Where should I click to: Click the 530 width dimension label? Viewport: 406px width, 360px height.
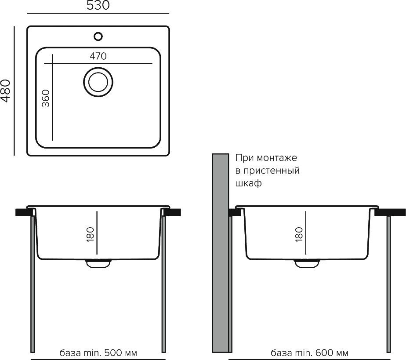pos(98,5)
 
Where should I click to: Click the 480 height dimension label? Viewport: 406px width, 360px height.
pos(6,91)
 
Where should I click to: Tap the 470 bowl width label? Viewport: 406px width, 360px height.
pos(98,56)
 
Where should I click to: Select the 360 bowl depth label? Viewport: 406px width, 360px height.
pos(46,98)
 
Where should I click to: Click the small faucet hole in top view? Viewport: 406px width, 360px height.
pos(98,36)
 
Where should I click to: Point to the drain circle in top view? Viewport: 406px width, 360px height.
pos(98,82)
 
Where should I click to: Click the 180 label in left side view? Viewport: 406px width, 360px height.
pos(91,234)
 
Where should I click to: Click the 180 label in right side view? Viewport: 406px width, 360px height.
pos(299,234)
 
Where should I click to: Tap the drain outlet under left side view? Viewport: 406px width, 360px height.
pos(98,263)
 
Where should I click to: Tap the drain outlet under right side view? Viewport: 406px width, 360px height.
pos(307,263)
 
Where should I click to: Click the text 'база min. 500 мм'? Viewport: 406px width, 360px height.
pos(98,353)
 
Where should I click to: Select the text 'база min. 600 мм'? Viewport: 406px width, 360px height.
pos(309,353)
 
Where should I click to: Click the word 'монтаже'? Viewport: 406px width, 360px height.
pos(277,158)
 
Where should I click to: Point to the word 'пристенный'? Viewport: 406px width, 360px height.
pos(272,171)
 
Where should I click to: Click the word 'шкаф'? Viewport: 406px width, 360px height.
pos(249,183)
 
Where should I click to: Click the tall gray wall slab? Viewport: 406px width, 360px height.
pos(221,253)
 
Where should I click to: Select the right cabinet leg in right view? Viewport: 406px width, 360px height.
pos(389,284)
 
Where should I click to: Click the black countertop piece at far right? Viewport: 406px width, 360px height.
pos(390,212)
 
